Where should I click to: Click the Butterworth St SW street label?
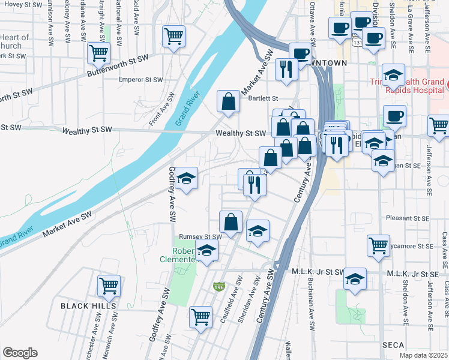pyautogui.click(x=117, y=65)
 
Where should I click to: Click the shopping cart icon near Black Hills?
pyautogui.click(x=109, y=286)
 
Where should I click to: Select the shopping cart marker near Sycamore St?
pyautogui.click(x=378, y=245)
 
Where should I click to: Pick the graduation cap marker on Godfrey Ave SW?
pyautogui.click(x=187, y=178)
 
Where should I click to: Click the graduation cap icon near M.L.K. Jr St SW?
pyautogui.click(x=355, y=278)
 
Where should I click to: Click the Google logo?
pyautogui.click(x=20, y=353)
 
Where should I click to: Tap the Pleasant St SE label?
pyautogui.click(x=407, y=218)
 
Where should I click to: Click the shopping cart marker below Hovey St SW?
pyautogui.click(x=173, y=36)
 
